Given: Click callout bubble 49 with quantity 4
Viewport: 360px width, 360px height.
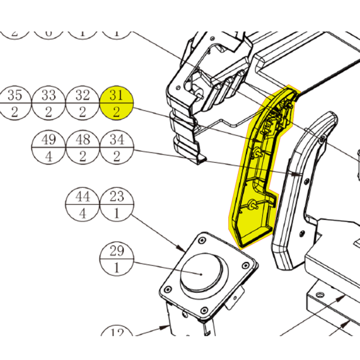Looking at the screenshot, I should (48, 147).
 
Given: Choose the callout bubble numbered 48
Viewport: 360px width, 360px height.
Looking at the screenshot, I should (82, 147).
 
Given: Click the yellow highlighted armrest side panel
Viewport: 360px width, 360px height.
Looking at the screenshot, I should (256, 177).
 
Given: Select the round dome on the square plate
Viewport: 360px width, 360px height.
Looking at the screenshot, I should (202, 271).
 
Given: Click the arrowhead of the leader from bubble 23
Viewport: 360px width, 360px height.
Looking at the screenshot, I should (186, 250).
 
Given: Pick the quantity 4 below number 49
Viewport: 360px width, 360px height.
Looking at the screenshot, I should (48, 156).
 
